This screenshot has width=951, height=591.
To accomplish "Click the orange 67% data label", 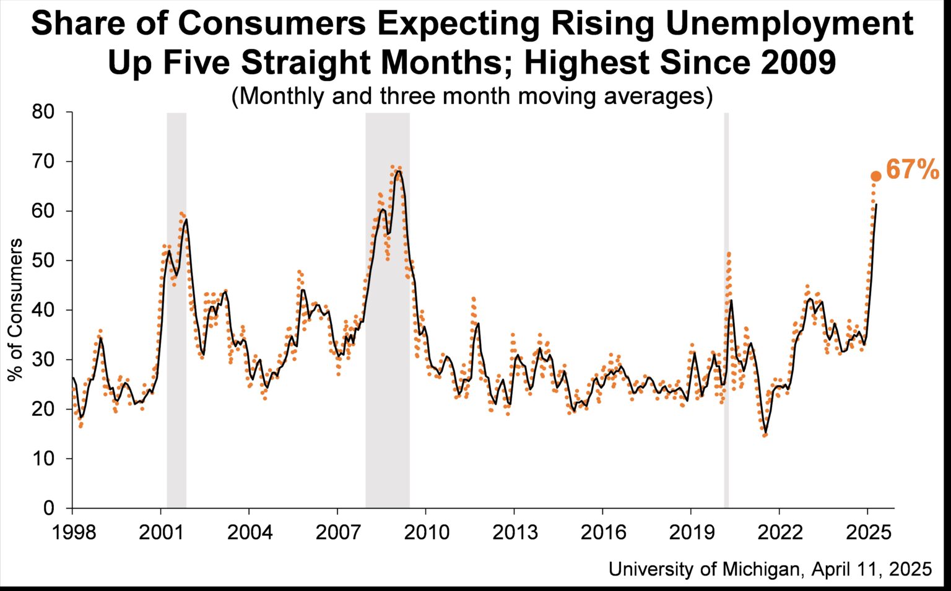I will click(912, 170).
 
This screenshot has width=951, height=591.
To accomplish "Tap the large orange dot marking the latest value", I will click(875, 176).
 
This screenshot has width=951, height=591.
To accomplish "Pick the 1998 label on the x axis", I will click(73, 532).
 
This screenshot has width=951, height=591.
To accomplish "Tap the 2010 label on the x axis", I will click(426, 532).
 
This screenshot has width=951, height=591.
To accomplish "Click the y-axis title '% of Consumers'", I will click(17, 309).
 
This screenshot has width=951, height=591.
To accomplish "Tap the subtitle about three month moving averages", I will click(472, 97).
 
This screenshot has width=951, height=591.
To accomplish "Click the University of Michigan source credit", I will click(770, 569).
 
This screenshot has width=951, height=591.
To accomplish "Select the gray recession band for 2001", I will click(176, 309).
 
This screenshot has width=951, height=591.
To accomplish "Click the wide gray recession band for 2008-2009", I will click(387, 309).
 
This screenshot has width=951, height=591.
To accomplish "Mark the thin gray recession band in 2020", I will click(726, 309).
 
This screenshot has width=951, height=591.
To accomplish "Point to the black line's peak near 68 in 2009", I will click(398, 171).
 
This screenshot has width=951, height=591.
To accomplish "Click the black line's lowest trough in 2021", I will click(765, 433).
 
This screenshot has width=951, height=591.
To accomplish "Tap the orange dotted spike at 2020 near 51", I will click(729, 253).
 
